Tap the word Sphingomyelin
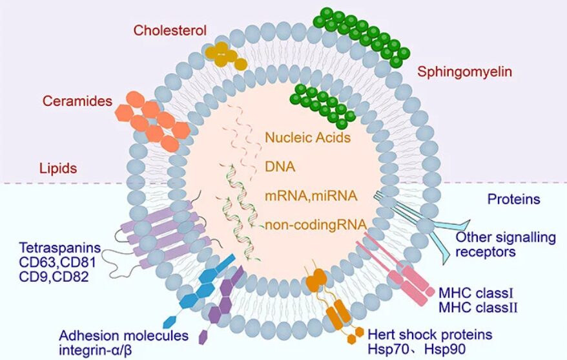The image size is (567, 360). pos(464,72)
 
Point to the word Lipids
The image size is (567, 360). pos(59,169)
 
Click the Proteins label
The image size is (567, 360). pos(514,199)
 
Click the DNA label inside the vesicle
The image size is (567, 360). pos(280,167)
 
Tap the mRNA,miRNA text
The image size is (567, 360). pos(312,195)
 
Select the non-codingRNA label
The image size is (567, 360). pos(316,225)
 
